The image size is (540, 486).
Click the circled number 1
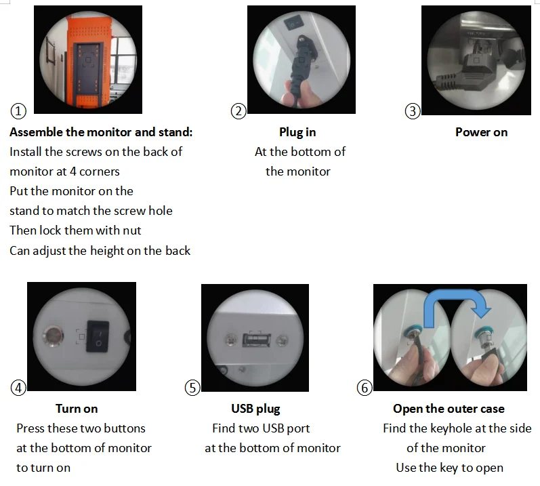click(18, 111)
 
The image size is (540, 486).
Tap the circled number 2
click(238, 111)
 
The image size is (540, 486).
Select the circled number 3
click(413, 111)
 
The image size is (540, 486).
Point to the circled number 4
click(18, 388)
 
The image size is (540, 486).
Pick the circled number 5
click(192, 388)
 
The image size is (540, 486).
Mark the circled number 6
click(365, 388)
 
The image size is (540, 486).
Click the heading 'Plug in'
click(297, 132)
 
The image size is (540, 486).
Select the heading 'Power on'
click(482, 132)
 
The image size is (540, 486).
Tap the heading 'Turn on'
click(77, 409)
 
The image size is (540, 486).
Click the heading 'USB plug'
click(256, 409)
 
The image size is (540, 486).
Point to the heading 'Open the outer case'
click(449, 409)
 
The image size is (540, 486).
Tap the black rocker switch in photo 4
click(98, 336)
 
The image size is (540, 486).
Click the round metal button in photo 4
click(53, 336)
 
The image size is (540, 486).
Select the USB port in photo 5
click(257, 340)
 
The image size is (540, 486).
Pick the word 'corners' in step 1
click(100, 171)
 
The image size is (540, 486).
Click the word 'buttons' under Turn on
click(125, 428)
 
